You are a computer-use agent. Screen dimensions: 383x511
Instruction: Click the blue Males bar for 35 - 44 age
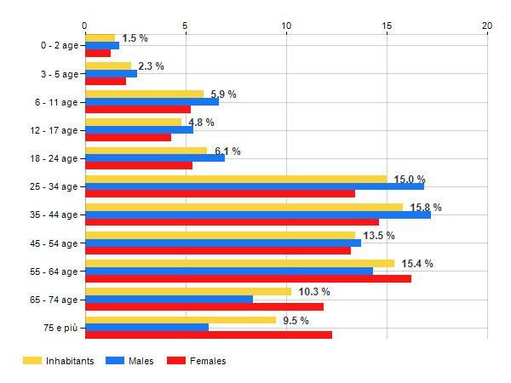[257, 214]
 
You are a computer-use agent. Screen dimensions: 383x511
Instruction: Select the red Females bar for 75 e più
[209, 334]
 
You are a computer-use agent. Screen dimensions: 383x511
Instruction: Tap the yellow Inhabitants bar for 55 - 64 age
[239, 263]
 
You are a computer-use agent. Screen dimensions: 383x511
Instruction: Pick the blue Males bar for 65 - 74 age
[169, 299]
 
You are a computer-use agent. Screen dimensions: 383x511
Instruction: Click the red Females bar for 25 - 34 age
[220, 193]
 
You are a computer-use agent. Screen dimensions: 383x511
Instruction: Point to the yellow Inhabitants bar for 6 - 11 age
[144, 94]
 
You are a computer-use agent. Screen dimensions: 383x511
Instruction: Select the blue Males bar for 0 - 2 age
[102, 45]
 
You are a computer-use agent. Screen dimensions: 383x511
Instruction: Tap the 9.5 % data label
[296, 320]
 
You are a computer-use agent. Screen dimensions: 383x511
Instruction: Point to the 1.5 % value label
[135, 38]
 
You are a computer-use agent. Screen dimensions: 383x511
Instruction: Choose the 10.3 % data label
[314, 292]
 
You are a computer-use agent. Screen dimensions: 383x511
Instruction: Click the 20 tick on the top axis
[487, 26]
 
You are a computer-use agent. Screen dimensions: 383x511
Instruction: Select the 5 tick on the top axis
[186, 26]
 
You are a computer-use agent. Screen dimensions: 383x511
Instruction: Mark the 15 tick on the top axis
[387, 26]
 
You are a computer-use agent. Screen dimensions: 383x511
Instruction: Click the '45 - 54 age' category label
[53, 243]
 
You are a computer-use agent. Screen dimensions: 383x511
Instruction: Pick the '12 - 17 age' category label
[53, 130]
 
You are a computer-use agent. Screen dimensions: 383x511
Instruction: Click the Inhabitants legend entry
[59, 361]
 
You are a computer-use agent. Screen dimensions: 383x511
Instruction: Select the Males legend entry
[130, 361]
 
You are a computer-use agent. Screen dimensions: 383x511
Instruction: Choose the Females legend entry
[197, 361]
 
